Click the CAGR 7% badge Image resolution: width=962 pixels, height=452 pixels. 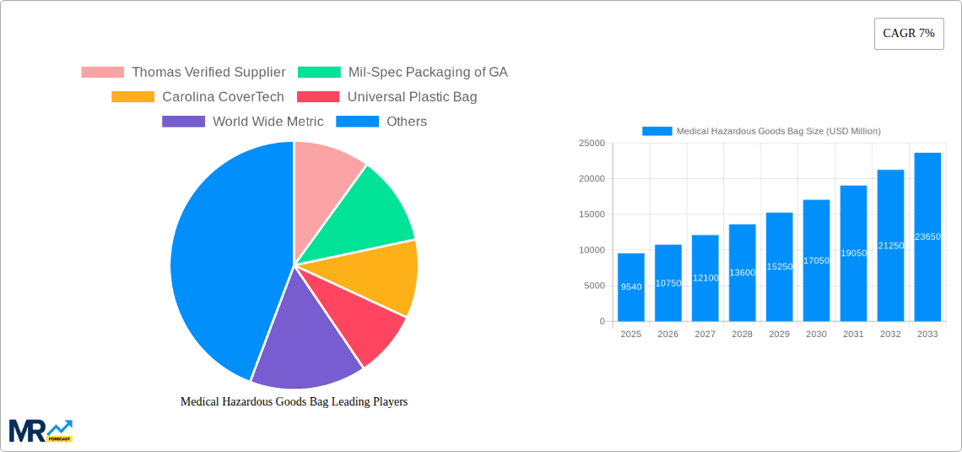click(x=908, y=34)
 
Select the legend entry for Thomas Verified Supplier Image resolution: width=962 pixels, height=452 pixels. click(x=183, y=73)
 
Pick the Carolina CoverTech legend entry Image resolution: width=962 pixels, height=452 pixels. click(x=198, y=97)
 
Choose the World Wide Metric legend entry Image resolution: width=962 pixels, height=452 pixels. click(x=243, y=122)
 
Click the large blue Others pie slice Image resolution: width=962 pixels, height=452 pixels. click(x=219, y=262)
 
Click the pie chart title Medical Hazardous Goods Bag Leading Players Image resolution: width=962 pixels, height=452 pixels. click(x=294, y=402)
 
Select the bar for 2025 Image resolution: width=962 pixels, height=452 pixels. click(x=630, y=287)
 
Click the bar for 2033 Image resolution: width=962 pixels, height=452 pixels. click(x=927, y=237)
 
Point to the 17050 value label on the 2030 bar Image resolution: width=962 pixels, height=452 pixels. click(x=816, y=261)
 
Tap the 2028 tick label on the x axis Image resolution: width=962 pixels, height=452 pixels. click(x=742, y=335)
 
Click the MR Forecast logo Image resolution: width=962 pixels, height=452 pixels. click(x=41, y=430)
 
